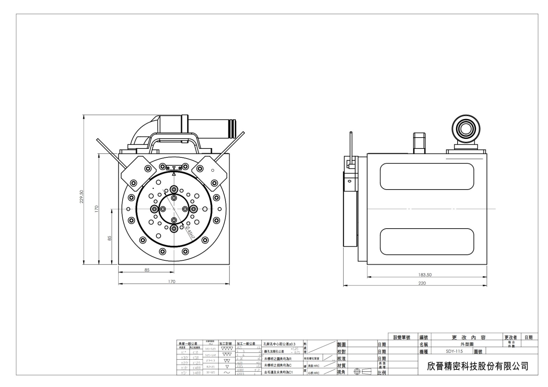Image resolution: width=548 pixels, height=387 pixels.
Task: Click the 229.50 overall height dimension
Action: [82, 196]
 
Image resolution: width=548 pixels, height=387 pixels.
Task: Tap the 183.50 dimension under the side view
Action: [425, 274]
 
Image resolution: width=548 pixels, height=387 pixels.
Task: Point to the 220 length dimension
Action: [422, 283]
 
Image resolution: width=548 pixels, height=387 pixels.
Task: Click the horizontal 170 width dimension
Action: [172, 282]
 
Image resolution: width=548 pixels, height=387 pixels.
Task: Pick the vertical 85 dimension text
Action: [110, 238]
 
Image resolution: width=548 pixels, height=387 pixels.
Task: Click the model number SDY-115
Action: [454, 351]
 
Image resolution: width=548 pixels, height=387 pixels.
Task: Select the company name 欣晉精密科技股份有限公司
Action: [478, 366]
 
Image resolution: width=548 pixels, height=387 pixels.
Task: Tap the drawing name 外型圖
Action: [466, 344]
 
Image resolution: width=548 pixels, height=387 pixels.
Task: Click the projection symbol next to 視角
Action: [362, 372]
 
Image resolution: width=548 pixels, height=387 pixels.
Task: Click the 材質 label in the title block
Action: [341, 365]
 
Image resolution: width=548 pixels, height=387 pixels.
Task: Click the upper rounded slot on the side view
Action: [427, 176]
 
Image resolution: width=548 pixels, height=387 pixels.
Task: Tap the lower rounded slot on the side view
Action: [427, 241]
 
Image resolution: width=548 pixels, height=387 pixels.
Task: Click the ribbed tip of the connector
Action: [233, 129]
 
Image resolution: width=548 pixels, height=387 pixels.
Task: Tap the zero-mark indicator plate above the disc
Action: [174, 168]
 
